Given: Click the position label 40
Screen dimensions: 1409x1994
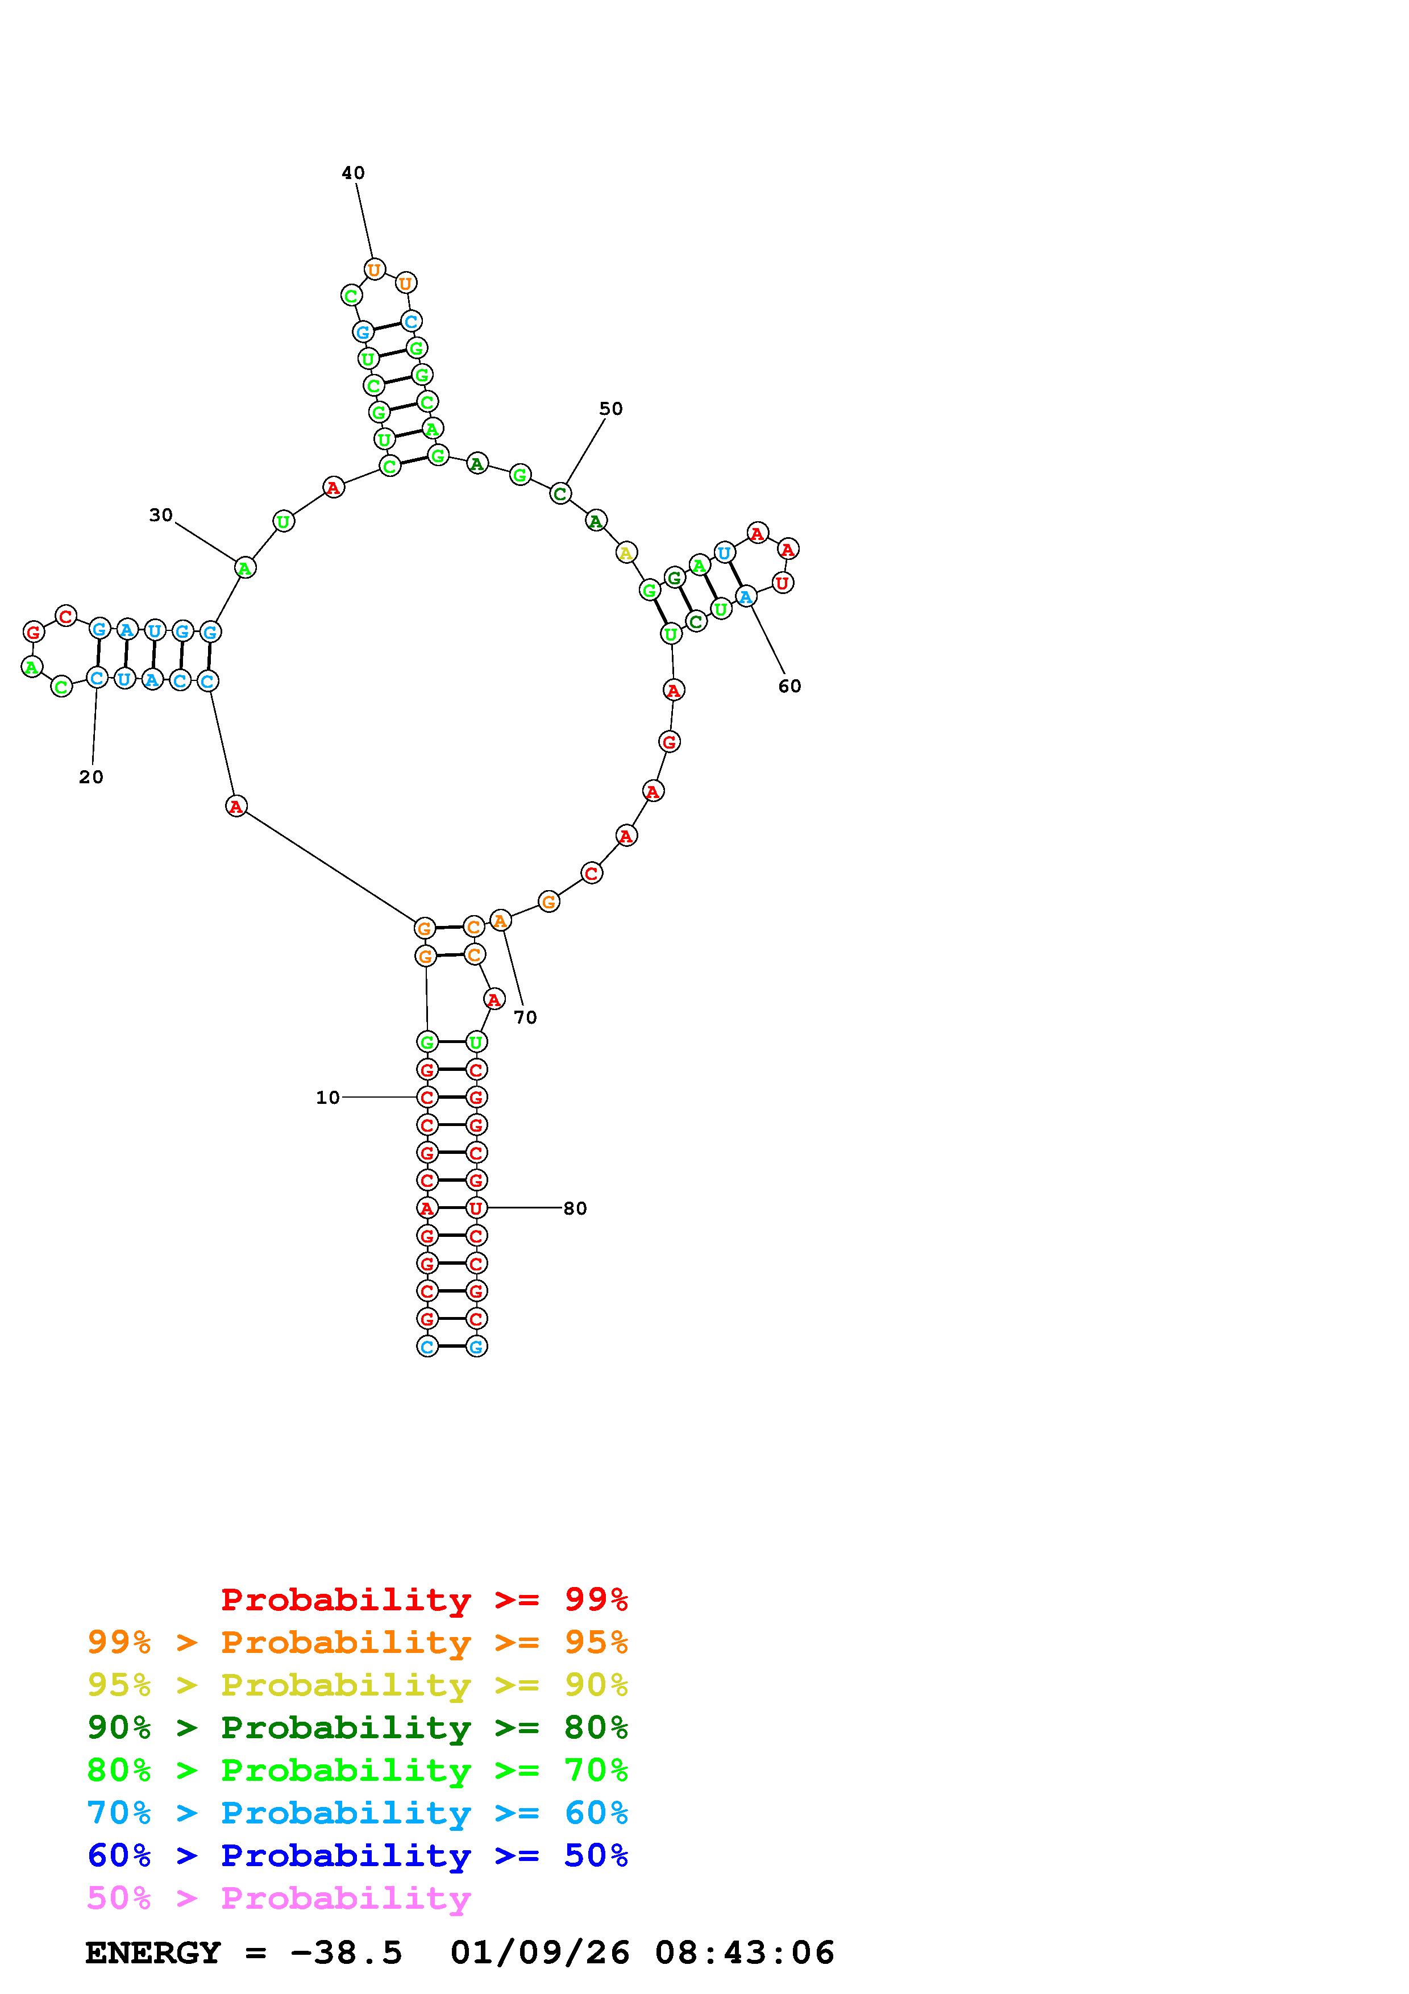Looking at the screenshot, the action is (x=352, y=173).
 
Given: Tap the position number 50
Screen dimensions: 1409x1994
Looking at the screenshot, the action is (x=610, y=409).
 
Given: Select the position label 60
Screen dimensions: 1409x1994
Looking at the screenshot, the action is (x=789, y=686).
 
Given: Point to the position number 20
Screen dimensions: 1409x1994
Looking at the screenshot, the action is (x=91, y=777).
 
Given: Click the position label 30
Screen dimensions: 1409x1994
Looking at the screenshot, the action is (x=161, y=515).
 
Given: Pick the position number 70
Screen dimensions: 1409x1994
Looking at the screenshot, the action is (x=525, y=1017).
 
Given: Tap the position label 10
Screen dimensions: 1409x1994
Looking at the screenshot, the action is (x=327, y=1098).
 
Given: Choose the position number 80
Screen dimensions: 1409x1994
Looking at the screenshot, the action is (x=575, y=1208).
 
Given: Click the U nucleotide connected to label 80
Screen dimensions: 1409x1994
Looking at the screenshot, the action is (x=476, y=1208).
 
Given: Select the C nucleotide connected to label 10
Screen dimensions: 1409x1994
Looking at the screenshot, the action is (x=427, y=1098).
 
